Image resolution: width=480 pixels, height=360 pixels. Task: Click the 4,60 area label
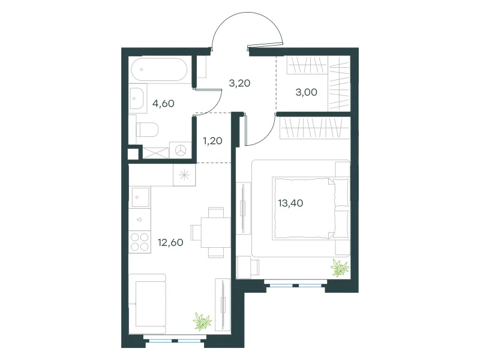pos(163,103)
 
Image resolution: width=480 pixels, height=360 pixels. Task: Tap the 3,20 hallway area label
pos(239,83)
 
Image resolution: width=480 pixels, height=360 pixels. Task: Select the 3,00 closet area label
pos(306,92)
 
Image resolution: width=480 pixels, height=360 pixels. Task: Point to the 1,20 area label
pos(212,141)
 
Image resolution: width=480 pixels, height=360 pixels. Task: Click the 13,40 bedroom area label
pos(290,203)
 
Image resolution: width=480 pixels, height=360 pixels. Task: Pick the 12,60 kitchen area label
pos(170,242)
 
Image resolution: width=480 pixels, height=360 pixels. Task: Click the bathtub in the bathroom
pos(159,70)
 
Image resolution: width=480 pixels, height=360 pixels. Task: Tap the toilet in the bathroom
pos(146,130)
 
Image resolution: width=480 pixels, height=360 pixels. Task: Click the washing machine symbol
pos(181,150)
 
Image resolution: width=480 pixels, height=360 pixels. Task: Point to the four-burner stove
pos(140,242)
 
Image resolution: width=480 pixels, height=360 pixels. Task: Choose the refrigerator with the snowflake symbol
pos(184,175)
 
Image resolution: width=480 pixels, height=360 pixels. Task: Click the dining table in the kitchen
pos(215,232)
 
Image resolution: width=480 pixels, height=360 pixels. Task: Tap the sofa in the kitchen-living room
pos(147,304)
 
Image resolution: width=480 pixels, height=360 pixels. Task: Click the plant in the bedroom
pos(340,268)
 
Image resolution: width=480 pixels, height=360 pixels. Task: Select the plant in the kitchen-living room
pos(202,322)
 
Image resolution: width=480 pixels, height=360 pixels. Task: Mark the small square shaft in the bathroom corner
pos(133,154)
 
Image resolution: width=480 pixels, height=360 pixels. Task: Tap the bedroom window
pos(296,286)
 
